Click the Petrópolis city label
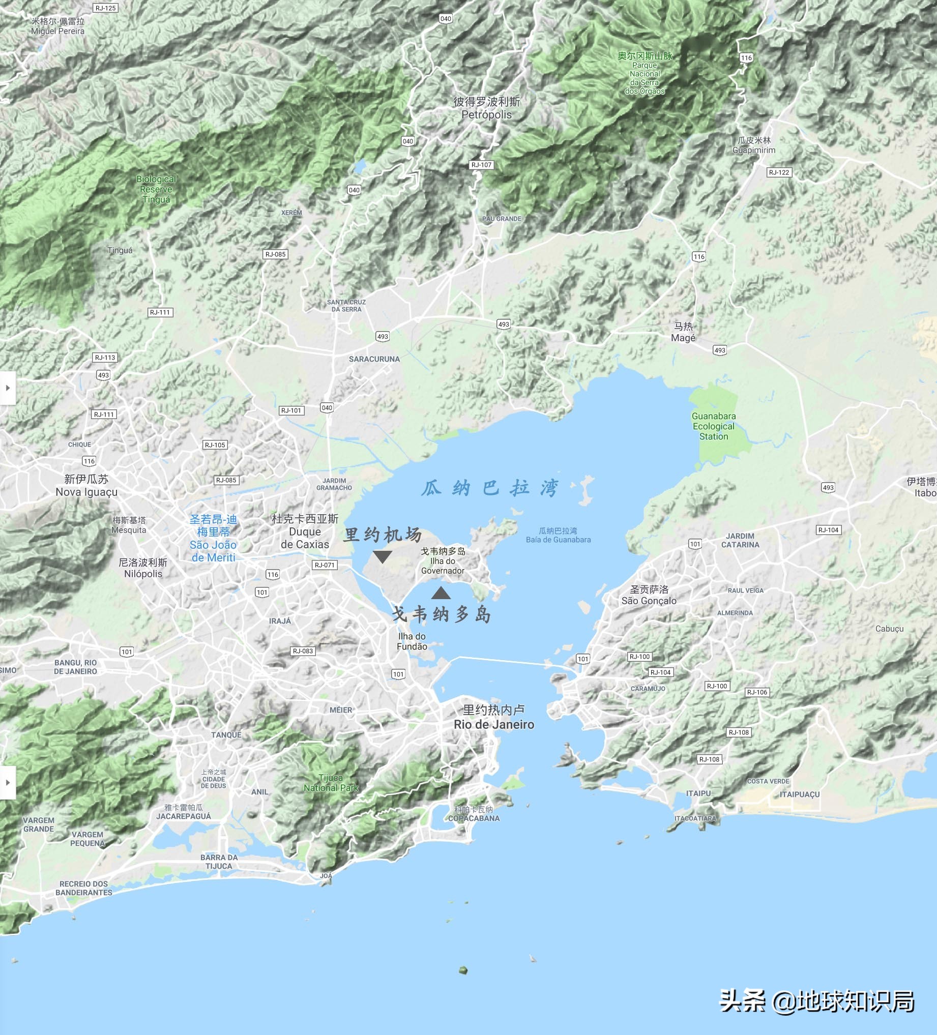486,108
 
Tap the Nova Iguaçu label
86,486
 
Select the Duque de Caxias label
305,532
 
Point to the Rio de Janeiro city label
494,717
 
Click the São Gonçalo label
649,596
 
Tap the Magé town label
683,332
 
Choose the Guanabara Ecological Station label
714,426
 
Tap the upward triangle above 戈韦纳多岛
441,594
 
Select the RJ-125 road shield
106,8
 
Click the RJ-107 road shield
482,165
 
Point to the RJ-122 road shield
779,172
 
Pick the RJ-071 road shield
325,565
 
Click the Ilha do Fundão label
412,641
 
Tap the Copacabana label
474,814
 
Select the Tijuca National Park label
331,783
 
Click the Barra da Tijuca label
219,862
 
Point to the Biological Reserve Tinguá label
156,189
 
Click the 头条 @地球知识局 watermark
817,1001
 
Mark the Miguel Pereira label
57,26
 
